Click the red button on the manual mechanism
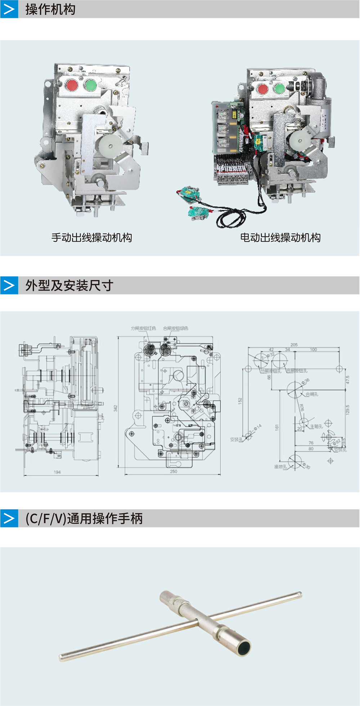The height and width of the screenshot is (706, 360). [x=72, y=85]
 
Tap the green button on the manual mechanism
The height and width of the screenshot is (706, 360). [x=90, y=85]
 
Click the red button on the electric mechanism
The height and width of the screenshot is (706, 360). [x=263, y=89]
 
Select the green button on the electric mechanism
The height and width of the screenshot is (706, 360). [x=279, y=88]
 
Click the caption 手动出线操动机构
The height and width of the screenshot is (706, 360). [x=91, y=238]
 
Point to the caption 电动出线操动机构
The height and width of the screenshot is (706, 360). [x=280, y=238]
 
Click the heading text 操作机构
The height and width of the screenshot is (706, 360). [x=50, y=9]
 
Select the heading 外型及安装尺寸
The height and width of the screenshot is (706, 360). [x=69, y=285]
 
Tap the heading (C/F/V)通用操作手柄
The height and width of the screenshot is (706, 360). [x=84, y=518]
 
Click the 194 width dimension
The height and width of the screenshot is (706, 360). [x=57, y=472]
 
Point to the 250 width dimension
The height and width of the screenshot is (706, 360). [x=174, y=471]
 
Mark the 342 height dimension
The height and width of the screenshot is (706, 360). [x=116, y=408]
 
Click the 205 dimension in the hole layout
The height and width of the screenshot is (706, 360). [x=294, y=345]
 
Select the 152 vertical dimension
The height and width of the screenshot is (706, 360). [x=240, y=401]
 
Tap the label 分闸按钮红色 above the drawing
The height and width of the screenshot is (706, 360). [x=143, y=328]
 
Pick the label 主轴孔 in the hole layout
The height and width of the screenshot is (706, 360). [x=316, y=426]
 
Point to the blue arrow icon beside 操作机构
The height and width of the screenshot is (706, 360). [x=9, y=9]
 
